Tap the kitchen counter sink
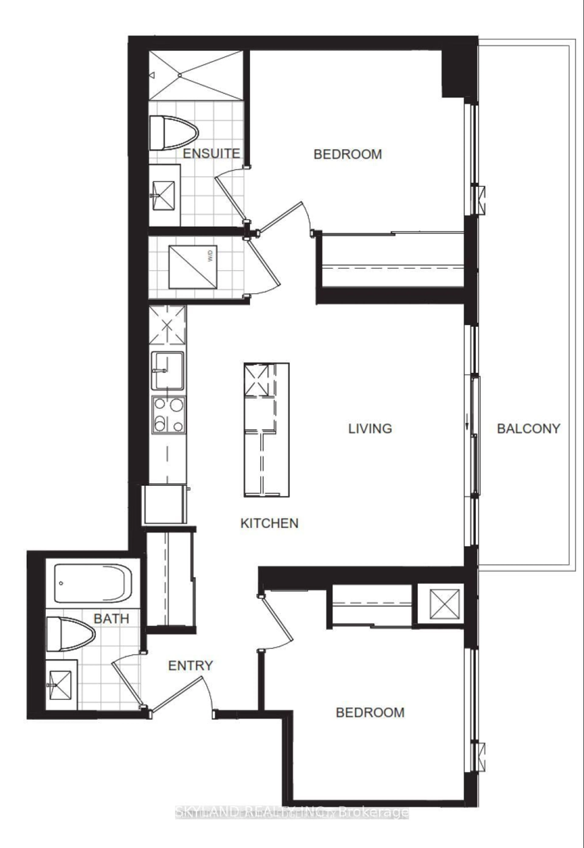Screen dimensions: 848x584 coord(168,370)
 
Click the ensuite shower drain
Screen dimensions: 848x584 coord(180,75)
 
